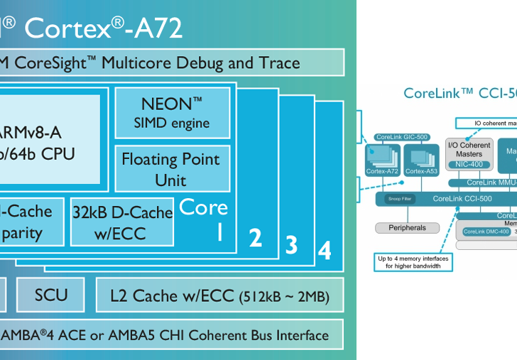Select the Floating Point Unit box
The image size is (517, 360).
click(x=170, y=168)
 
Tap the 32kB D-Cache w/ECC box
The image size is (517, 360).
click(x=122, y=222)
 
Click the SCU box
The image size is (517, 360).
click(x=50, y=294)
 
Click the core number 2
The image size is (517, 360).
click(x=255, y=239)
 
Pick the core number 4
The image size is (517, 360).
click(x=324, y=251)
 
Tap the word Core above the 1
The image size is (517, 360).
click(x=203, y=207)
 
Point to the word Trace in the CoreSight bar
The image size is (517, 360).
click(x=273, y=62)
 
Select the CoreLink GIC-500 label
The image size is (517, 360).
click(x=402, y=137)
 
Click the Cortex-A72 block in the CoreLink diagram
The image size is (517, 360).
click(x=383, y=160)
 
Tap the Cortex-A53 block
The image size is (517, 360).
click(x=421, y=160)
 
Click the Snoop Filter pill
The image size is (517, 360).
click(x=399, y=199)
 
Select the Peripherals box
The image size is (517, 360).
click(x=408, y=228)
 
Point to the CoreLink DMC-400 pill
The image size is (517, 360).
click(x=486, y=231)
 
